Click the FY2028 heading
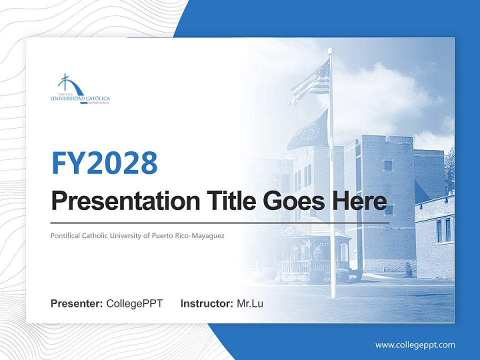click(104, 162)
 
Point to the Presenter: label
click(77, 303)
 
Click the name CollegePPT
click(134, 303)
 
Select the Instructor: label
click(206, 303)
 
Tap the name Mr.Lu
click(250, 303)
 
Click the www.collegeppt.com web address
click(415, 344)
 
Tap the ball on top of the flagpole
click(330, 50)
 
